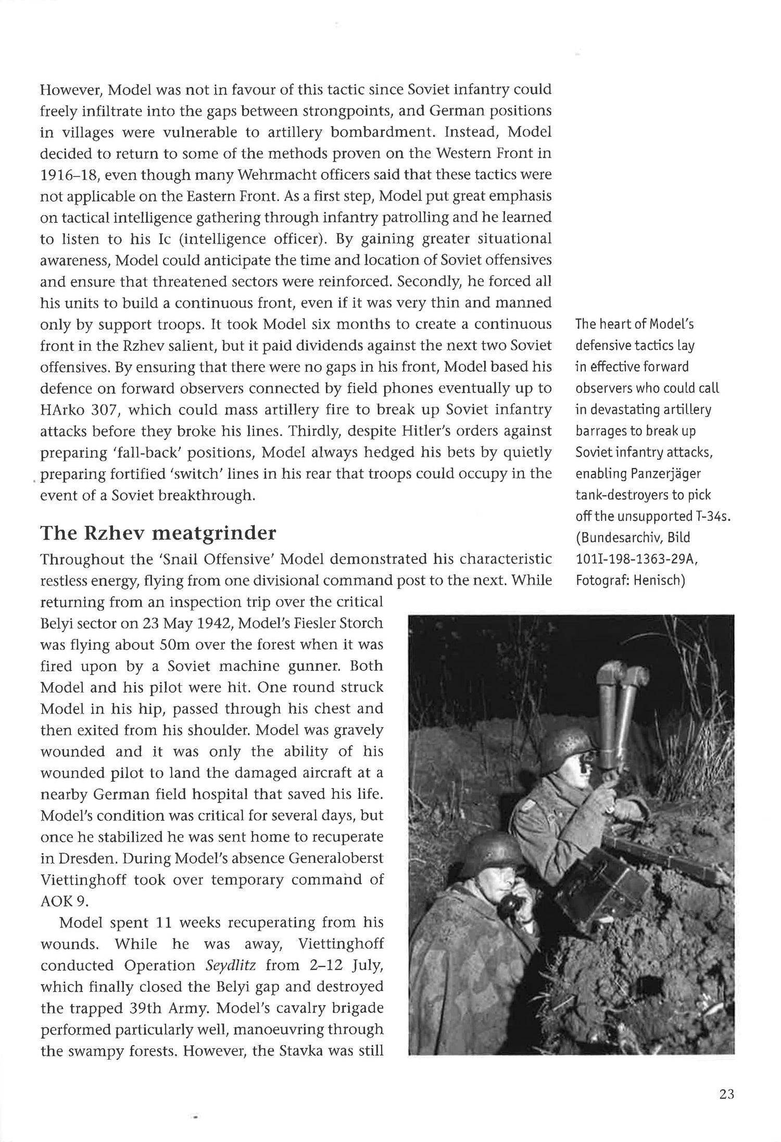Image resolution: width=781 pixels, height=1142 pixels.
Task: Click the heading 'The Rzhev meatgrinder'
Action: tap(158, 533)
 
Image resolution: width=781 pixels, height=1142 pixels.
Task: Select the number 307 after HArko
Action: tap(105, 410)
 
